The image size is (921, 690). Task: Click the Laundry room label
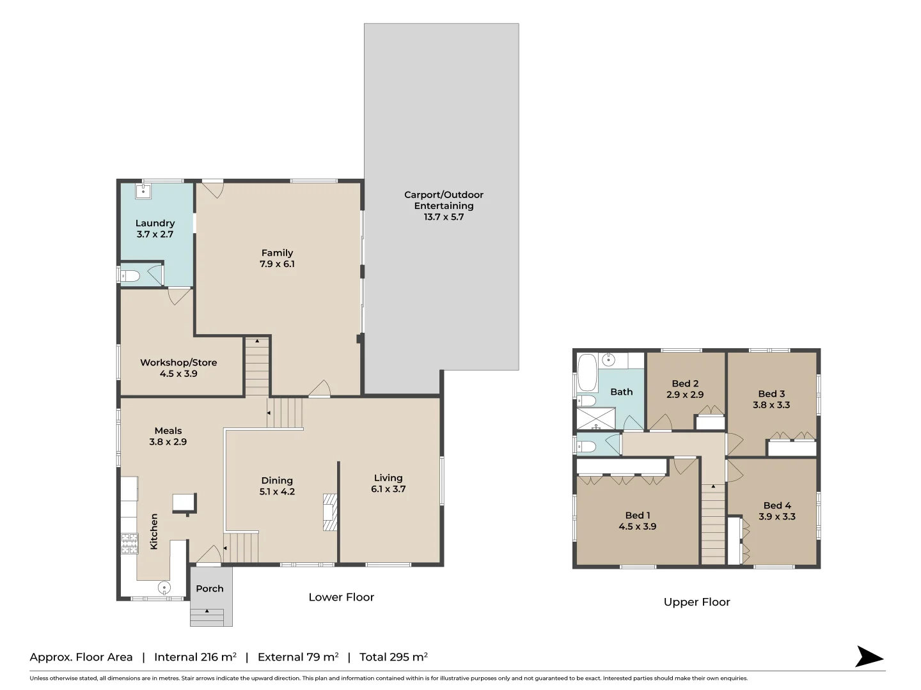point(155,223)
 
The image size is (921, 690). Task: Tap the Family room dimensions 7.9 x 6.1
point(277,264)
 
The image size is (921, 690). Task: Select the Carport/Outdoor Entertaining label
point(443,200)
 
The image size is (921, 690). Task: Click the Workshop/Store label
point(178,362)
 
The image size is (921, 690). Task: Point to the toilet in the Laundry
point(130,276)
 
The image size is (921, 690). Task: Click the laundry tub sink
point(143,190)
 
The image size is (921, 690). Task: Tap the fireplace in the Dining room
point(329,512)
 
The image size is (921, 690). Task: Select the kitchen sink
point(164,587)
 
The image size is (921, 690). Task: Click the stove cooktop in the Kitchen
point(129,544)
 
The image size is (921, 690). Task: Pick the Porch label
point(210,588)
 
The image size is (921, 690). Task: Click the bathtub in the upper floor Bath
point(586,372)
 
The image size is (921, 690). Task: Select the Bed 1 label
point(638,515)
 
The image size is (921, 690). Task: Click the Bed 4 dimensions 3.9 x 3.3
point(777,516)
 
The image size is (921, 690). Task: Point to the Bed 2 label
point(685,383)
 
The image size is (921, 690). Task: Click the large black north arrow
point(869,657)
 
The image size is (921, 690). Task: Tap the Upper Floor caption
point(697,602)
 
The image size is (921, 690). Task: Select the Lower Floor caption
point(341,597)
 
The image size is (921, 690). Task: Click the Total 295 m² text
point(393,657)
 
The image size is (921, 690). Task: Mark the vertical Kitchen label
point(153,531)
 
